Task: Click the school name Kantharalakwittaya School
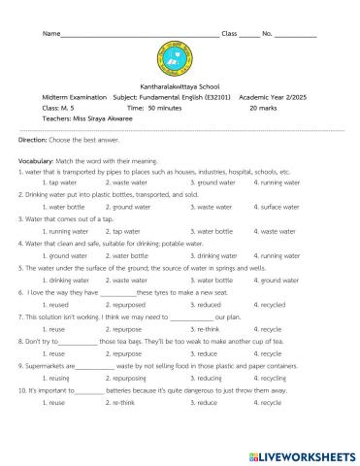[x=180, y=84]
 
